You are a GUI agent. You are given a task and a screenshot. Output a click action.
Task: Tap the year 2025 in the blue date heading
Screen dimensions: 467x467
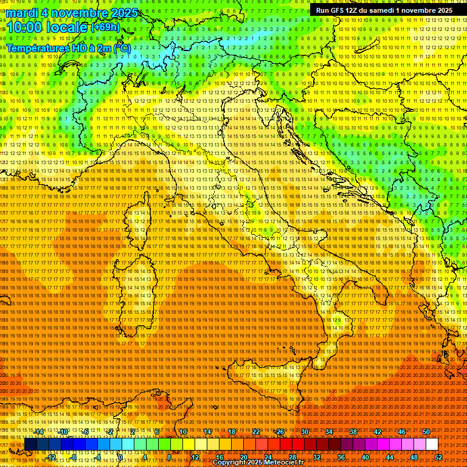pyautogui.click(x=121, y=12)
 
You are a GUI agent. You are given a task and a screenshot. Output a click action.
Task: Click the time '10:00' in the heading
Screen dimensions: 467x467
pyautogui.click(x=25, y=27)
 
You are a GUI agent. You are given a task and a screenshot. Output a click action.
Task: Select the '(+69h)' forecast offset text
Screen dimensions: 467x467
pyautogui.click(x=105, y=27)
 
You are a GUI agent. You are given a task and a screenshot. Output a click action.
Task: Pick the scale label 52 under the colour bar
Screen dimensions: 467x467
pyautogui.click(x=438, y=457)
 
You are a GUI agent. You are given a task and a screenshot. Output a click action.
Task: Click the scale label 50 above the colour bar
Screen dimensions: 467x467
pyautogui.click(x=426, y=432)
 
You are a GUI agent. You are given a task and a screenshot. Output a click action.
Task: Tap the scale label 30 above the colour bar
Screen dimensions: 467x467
pyautogui.click(x=305, y=432)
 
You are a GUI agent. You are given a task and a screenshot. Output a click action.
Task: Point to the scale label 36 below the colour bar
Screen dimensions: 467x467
pyautogui.click(x=341, y=457)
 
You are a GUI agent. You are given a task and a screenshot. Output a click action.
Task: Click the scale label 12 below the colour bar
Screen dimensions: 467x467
pyautogui.click(x=195, y=457)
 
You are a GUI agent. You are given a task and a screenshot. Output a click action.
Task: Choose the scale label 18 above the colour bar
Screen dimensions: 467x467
pyautogui.click(x=232, y=432)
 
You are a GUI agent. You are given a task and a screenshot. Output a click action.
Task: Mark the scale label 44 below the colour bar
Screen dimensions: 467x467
pyautogui.click(x=390, y=457)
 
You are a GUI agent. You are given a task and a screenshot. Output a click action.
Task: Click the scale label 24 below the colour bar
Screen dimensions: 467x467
pyautogui.click(x=268, y=457)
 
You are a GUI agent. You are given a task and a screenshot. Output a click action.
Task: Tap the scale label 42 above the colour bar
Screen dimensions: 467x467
pyautogui.click(x=378, y=432)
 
